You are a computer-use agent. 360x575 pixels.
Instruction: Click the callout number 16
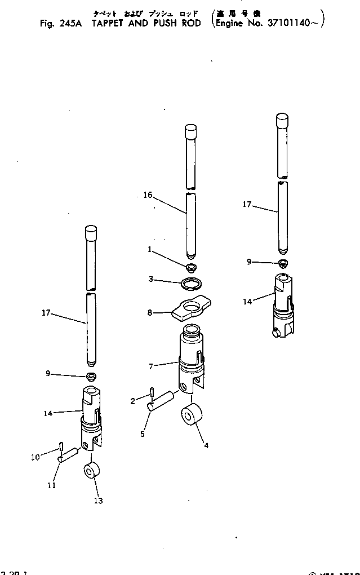[x=148, y=195]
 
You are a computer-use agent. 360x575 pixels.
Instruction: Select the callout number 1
[x=149, y=249]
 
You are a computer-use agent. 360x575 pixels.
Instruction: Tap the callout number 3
[x=150, y=279]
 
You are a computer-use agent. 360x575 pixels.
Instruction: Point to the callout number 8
[x=150, y=312]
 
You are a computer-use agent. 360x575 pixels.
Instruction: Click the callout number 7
[x=150, y=366]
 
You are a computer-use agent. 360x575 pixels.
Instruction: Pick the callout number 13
[x=99, y=500]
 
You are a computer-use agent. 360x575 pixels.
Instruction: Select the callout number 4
[x=206, y=445]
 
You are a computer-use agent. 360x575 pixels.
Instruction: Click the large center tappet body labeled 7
[x=190, y=355]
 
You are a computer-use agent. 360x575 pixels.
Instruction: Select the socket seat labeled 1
[x=191, y=266]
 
